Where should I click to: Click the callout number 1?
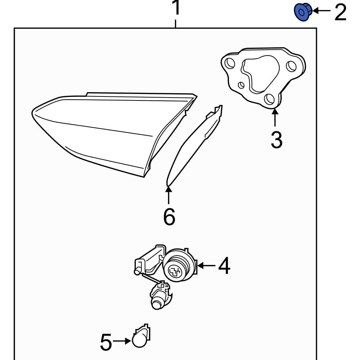click(x=176, y=9)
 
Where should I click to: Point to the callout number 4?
click(x=224, y=266)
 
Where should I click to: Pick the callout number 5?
click(x=106, y=342)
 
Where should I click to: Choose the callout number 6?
click(x=169, y=216)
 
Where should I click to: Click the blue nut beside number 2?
click(x=302, y=12)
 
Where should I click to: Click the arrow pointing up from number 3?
click(x=275, y=117)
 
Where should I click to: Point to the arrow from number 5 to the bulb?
click(x=122, y=341)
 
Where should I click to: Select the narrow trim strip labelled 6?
click(x=194, y=144)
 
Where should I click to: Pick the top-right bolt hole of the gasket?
click(x=291, y=66)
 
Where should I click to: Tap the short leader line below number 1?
click(x=176, y=24)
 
